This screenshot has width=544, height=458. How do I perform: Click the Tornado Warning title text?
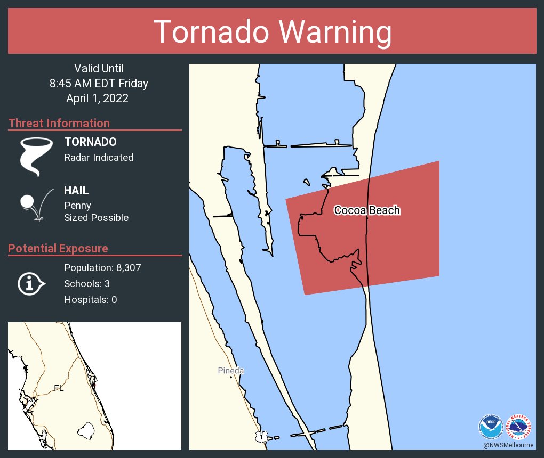click(x=272, y=32)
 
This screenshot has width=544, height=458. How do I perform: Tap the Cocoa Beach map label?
click(x=367, y=210)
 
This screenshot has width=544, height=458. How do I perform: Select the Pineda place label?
click(x=231, y=371)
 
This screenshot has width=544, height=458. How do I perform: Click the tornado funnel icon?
click(x=36, y=157)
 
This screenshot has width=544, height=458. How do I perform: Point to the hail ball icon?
click(x=28, y=202)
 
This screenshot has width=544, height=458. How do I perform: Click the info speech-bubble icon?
click(x=31, y=284)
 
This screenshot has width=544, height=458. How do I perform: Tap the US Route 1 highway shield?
click(x=260, y=436)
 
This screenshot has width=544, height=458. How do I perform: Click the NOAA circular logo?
click(x=490, y=426)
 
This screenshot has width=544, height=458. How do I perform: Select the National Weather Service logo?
click(x=520, y=426)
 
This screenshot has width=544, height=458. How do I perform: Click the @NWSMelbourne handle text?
click(x=508, y=445)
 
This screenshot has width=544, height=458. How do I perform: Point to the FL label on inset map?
click(x=59, y=388)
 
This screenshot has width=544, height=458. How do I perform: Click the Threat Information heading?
click(x=59, y=123)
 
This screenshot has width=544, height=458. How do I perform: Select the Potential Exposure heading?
click(x=58, y=248)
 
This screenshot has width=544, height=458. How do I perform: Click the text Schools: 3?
click(x=87, y=284)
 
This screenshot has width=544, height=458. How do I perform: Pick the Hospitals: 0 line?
click(x=91, y=300)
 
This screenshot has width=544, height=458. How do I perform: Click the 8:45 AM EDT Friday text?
click(x=99, y=83)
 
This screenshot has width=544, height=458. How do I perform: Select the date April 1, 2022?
click(x=99, y=99)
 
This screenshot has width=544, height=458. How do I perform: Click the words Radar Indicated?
click(x=99, y=158)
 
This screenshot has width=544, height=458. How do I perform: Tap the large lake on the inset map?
click(x=85, y=429)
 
